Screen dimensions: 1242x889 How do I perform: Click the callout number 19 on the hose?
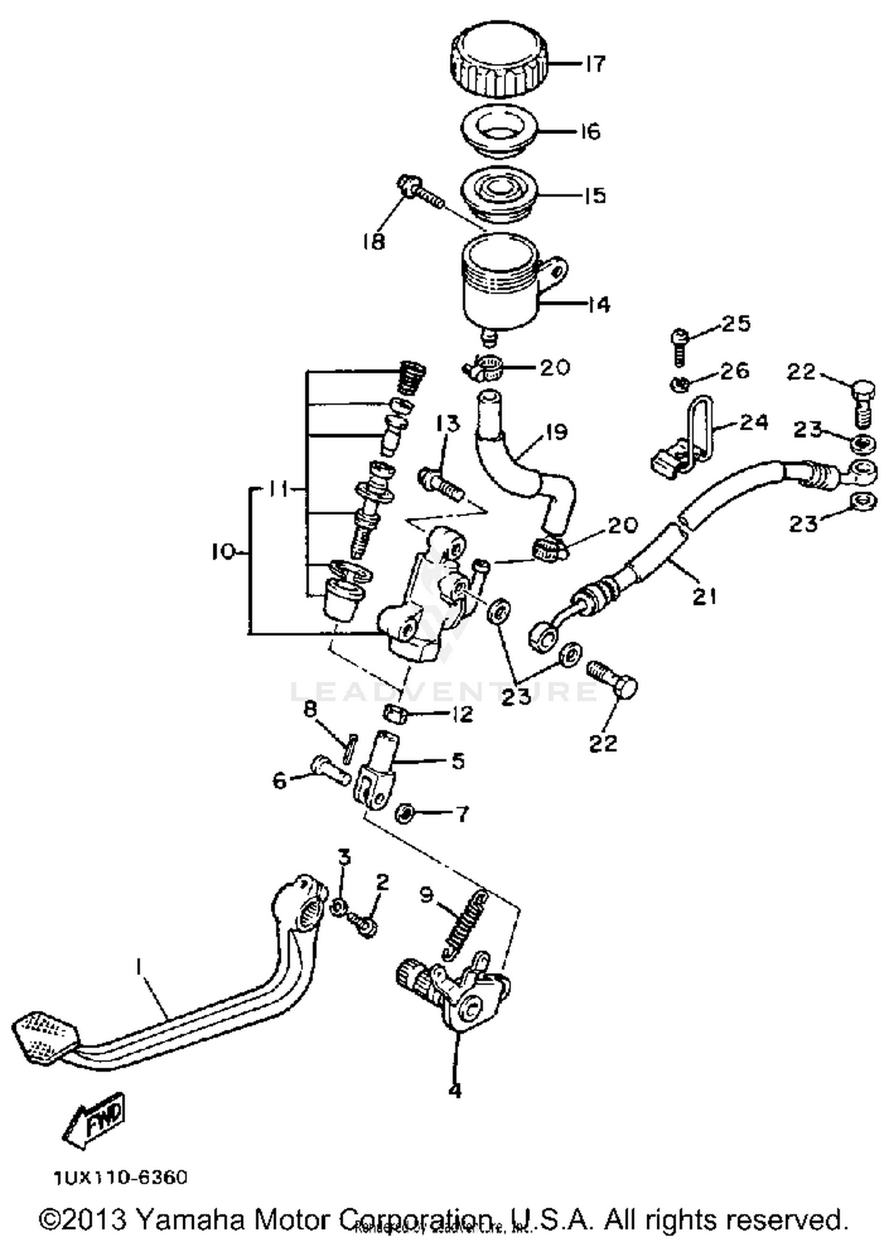tap(556, 432)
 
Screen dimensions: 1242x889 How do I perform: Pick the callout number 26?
tap(735, 370)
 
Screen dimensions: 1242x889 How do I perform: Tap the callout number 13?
tap(447, 424)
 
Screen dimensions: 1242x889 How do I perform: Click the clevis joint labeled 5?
tap(379, 770)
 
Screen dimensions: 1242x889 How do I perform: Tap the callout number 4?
tap(455, 1089)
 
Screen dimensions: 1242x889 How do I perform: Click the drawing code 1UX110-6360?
tap(121, 1177)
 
